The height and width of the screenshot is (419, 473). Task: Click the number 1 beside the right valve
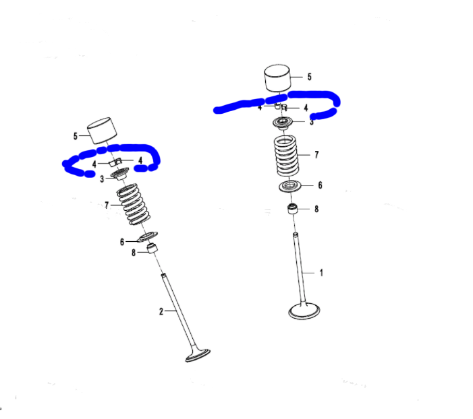(321, 273)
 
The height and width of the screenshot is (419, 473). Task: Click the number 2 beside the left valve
(161, 311)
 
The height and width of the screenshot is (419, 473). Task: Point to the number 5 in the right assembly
(310, 77)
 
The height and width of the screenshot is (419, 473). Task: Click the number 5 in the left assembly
(76, 136)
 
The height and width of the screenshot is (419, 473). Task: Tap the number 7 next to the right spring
(316, 154)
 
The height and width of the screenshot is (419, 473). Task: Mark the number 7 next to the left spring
(106, 204)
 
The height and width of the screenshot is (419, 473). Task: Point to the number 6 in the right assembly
(320, 185)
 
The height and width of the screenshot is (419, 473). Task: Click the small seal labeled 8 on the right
(293, 209)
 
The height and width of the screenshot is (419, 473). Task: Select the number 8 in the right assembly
(316, 209)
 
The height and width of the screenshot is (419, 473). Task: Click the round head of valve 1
(304, 311)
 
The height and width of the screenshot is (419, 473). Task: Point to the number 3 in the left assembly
(102, 179)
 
